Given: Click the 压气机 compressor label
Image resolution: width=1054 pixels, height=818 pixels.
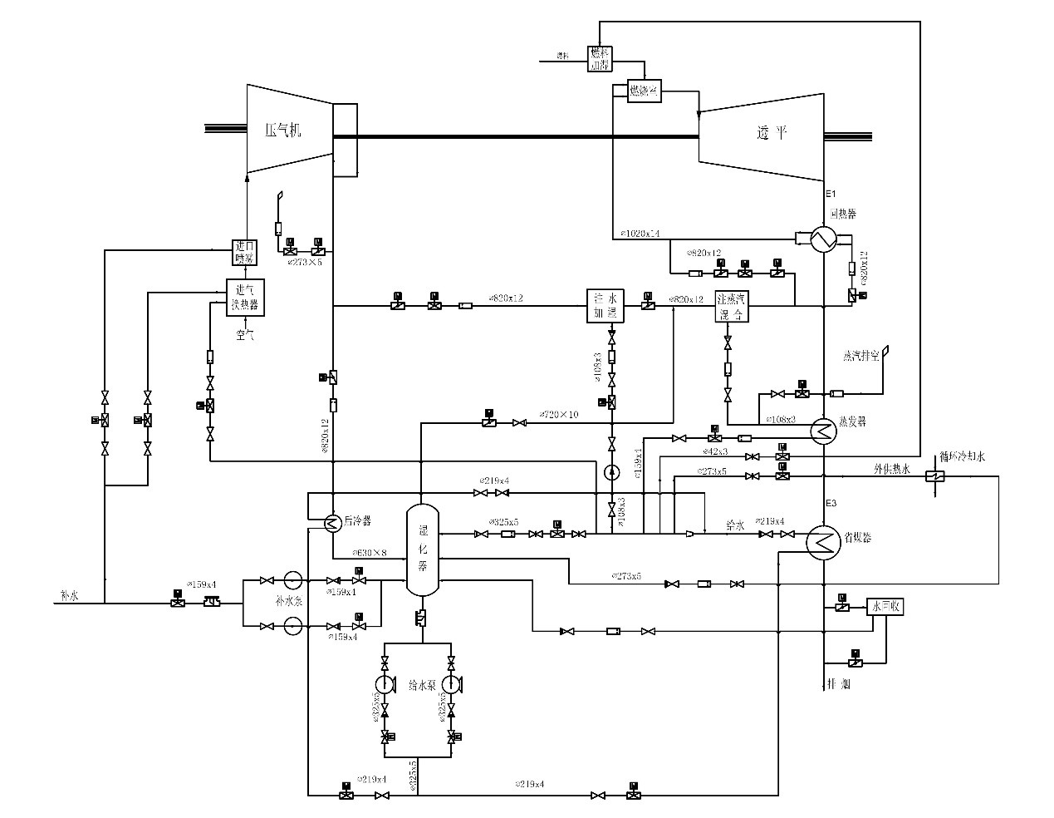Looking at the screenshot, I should (x=282, y=131).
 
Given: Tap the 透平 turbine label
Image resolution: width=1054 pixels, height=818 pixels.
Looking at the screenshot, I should (x=772, y=133).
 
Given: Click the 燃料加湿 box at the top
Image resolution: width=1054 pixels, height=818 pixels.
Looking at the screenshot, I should (x=599, y=58).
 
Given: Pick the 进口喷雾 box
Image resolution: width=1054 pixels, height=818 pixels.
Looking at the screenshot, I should (x=245, y=251).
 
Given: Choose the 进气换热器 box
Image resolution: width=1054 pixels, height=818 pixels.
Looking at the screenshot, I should (x=246, y=297).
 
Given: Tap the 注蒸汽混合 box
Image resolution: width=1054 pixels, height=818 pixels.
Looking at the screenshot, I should (x=733, y=307).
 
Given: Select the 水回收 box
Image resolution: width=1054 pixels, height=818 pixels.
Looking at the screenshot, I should (x=885, y=607).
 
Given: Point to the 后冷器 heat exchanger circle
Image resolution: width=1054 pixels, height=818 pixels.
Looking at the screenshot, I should (x=331, y=522).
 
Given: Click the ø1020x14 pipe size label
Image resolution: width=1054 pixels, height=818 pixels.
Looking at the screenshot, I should (x=640, y=234).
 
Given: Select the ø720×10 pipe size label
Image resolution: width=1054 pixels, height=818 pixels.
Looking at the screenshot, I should (x=559, y=414).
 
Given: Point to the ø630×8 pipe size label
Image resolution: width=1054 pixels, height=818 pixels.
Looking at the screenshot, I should (x=370, y=552).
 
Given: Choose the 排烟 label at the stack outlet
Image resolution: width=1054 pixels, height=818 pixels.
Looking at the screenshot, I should (x=839, y=685).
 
